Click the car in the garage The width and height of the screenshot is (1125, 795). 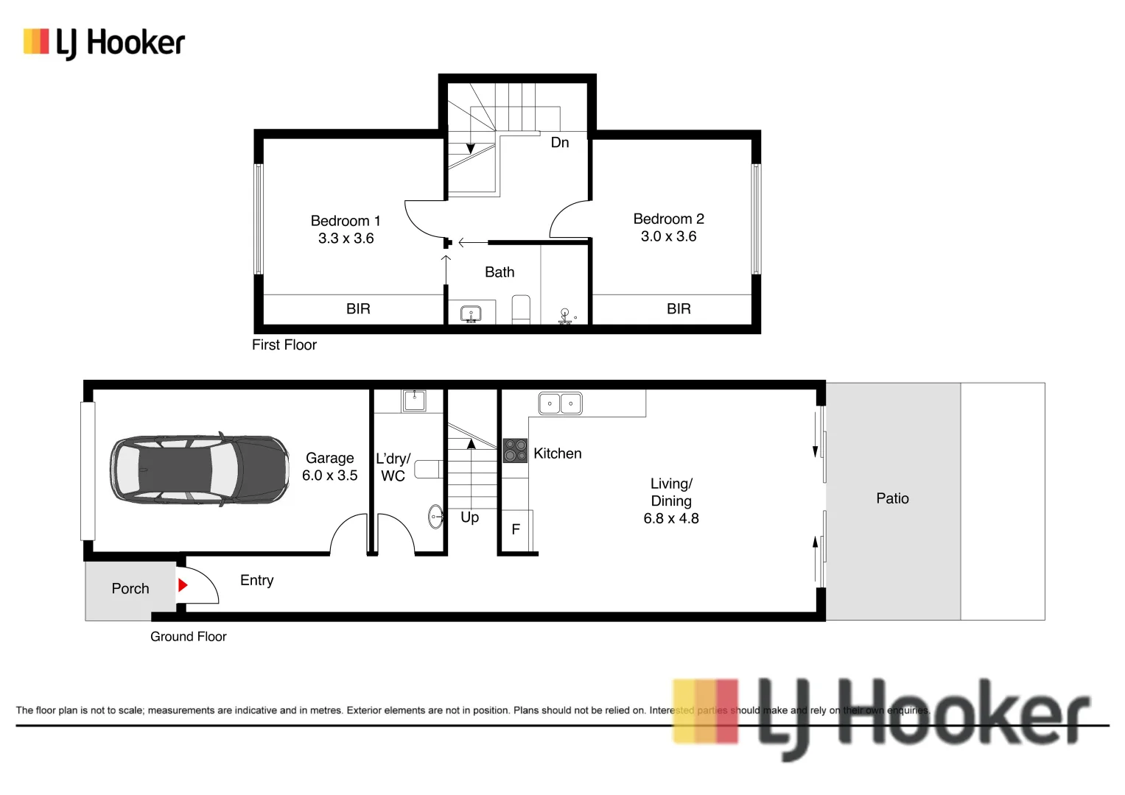(199, 469)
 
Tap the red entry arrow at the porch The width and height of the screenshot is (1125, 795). (183, 585)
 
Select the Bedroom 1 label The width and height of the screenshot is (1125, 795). (346, 221)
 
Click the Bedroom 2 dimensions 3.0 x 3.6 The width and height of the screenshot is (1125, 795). (668, 236)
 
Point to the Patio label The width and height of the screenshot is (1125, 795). (892, 498)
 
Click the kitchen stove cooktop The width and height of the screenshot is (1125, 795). (515, 451)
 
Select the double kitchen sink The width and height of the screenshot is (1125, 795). (561, 403)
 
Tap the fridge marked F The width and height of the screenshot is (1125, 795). (516, 529)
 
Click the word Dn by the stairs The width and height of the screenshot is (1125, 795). (560, 143)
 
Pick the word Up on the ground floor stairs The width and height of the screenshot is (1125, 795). (469, 517)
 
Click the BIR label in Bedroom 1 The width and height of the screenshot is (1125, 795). (358, 309)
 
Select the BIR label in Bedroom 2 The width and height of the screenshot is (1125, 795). (679, 309)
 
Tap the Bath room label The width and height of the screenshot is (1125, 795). (500, 272)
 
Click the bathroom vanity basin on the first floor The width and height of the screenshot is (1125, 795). (471, 314)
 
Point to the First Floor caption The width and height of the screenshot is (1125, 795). (284, 344)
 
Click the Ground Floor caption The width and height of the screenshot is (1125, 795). (189, 637)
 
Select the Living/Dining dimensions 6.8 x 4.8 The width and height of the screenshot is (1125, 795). (670, 518)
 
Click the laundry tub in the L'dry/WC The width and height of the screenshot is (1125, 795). (413, 400)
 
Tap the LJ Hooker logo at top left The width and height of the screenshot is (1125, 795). (104, 43)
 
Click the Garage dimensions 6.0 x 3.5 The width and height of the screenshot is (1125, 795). (329, 476)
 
